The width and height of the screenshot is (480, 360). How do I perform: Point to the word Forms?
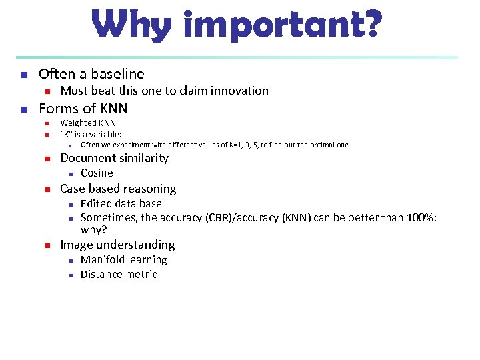tap(57, 109)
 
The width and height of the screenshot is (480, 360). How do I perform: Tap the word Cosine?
tap(97, 173)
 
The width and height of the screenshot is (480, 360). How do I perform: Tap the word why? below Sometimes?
tap(94, 229)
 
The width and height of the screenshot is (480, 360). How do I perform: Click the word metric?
tap(141, 275)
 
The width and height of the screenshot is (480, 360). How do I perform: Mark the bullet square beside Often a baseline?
tap(23, 75)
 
